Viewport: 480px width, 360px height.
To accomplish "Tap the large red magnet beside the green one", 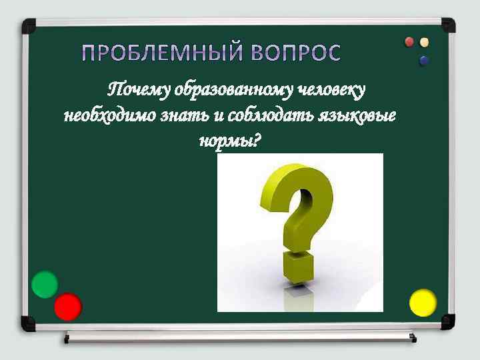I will click(67, 307).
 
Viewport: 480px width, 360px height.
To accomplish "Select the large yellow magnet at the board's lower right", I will click(423, 303).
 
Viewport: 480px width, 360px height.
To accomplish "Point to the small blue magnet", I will click(424, 61).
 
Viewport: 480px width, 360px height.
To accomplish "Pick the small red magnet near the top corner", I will click(410, 42).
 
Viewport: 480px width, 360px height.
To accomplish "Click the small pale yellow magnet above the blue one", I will click(425, 42).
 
